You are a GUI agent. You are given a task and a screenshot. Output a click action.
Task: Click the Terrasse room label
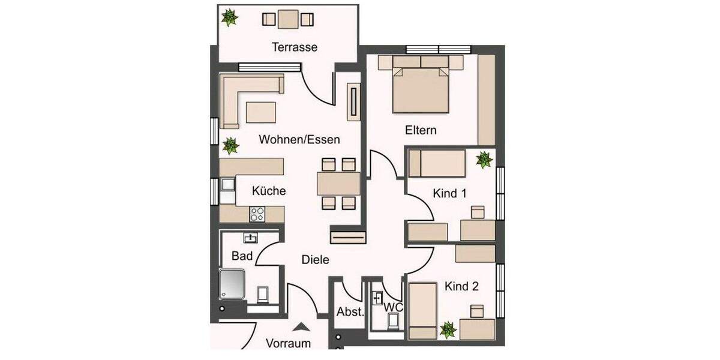point(294,47)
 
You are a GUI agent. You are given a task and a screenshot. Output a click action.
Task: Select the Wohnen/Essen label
point(299,140)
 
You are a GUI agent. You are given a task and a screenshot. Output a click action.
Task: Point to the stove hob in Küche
point(258,212)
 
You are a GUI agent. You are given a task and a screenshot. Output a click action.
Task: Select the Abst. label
point(349,311)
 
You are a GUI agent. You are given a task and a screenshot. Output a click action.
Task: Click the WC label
point(394,307)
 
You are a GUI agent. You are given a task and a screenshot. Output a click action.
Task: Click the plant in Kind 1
point(484,159)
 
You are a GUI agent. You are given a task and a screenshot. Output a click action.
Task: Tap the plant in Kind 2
point(447,329)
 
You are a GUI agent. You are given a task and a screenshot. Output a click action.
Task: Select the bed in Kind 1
point(437,164)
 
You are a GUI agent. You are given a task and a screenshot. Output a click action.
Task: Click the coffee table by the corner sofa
point(261,112)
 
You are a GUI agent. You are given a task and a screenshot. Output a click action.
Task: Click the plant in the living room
point(229,145)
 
